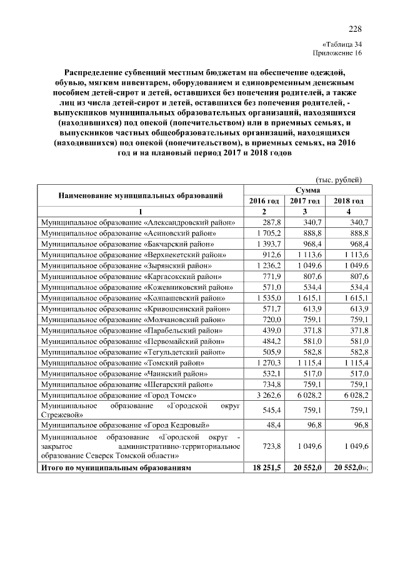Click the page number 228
click(x=354, y=29)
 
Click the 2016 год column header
click(x=264, y=200)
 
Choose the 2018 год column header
click(x=348, y=200)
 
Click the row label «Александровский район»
click(x=138, y=222)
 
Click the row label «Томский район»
click(x=123, y=362)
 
